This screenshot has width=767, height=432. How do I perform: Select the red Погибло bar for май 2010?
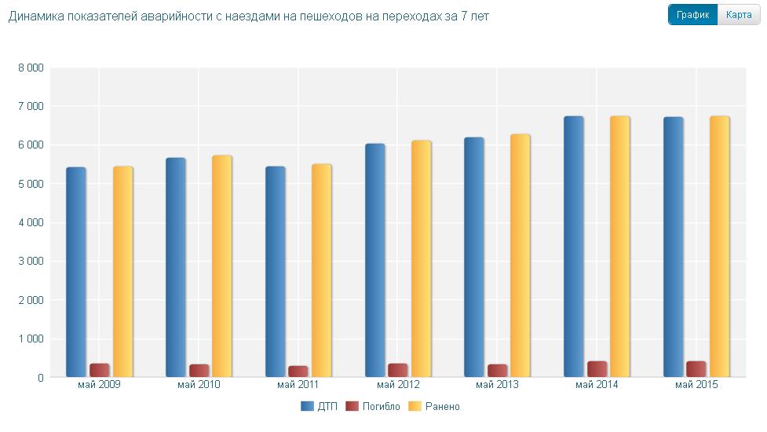[x=199, y=371]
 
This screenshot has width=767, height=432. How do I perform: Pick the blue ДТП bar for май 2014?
[x=574, y=247]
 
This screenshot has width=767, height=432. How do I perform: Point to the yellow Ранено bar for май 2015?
[x=720, y=247]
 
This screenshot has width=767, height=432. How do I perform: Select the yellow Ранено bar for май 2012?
[x=422, y=258]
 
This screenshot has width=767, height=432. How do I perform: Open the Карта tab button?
[x=739, y=15]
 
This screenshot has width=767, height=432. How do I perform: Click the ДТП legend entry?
[x=319, y=406]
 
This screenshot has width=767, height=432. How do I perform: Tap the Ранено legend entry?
[x=436, y=406]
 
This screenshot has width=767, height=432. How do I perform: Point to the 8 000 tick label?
[x=30, y=68]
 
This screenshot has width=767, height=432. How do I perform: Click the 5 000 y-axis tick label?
[x=30, y=185]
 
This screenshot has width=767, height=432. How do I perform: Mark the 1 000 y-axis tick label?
[x=30, y=339]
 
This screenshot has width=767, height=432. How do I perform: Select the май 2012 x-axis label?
[x=397, y=385]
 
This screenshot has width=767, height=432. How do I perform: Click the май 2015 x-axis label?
[x=696, y=385]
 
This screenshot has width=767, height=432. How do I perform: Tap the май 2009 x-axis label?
[x=99, y=385]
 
